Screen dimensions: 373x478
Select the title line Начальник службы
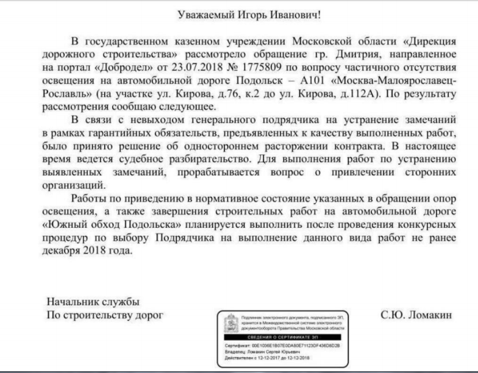pyautogui.click(x=93, y=301)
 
